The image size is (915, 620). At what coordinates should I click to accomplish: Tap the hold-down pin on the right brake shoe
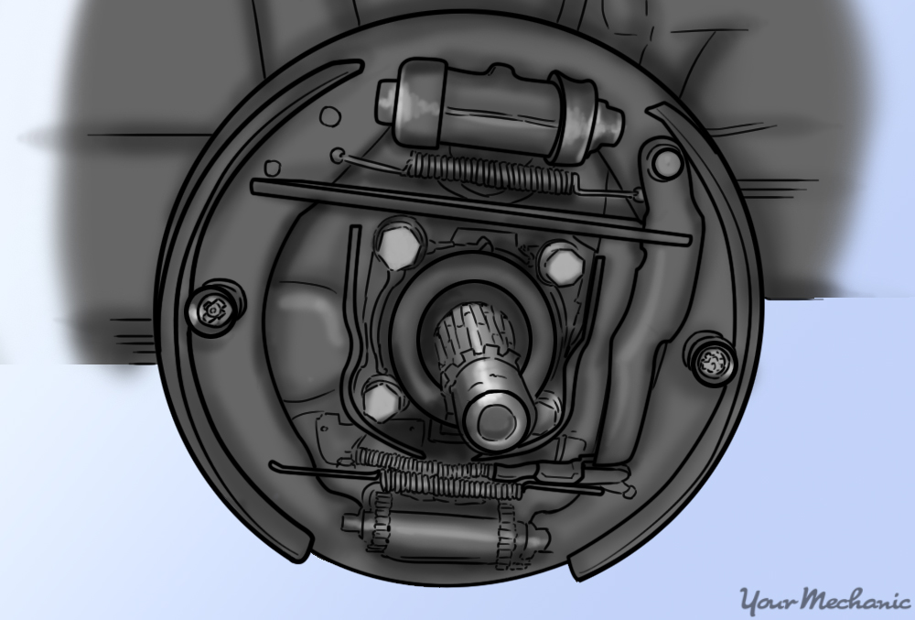pyautogui.click(x=710, y=360)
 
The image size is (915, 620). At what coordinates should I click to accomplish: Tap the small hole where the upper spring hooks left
pyautogui.click(x=339, y=155)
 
